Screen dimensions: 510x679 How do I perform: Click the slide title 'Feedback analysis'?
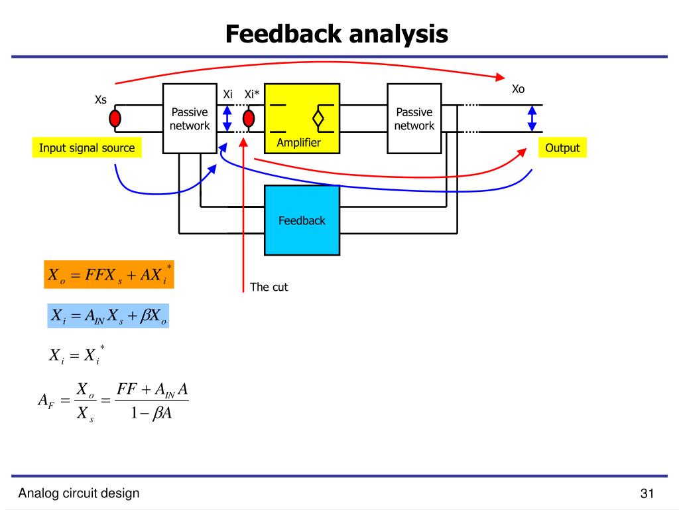[x=336, y=34]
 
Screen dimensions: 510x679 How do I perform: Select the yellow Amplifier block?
[x=302, y=118]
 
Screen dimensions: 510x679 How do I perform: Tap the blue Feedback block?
[x=302, y=220]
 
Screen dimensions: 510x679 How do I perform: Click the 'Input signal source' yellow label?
[x=86, y=148]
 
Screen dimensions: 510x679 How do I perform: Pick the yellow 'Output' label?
[x=562, y=148]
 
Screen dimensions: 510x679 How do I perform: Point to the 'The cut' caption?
[x=269, y=288]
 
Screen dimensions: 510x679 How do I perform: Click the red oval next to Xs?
[x=115, y=119]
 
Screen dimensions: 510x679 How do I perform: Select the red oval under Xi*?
[x=249, y=119]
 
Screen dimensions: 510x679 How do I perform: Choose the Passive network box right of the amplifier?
[x=414, y=119]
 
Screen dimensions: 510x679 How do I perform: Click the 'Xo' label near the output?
[x=518, y=89]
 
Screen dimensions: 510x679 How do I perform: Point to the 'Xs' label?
[x=101, y=100]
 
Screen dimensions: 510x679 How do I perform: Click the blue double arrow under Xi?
[x=227, y=119]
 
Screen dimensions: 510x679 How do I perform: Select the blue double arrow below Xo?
[x=532, y=119]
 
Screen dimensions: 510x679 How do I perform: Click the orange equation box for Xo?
[x=109, y=274]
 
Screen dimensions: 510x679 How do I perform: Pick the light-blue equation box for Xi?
[x=109, y=315]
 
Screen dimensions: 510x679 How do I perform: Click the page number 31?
[x=647, y=493]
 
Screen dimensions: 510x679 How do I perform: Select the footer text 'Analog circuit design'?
[x=79, y=493]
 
